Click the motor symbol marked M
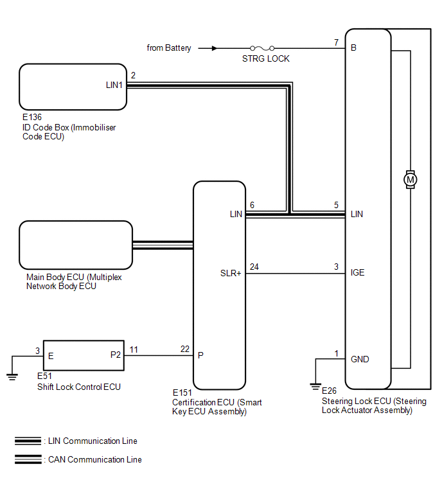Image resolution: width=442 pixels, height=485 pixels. click(410, 179)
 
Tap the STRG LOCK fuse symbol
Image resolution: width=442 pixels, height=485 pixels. click(262, 48)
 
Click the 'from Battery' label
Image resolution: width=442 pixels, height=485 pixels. click(168, 48)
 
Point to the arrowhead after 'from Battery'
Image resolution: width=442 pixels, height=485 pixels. click(215, 48)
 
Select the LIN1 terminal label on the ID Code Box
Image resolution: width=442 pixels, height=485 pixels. click(114, 85)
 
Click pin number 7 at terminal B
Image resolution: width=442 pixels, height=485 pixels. click(336, 42)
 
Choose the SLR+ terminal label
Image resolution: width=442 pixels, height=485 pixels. click(231, 273)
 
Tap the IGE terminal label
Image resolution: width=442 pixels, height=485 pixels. click(357, 272)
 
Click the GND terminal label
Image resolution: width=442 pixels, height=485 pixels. click(360, 359)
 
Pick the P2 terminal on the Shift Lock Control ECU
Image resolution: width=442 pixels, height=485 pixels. click(116, 355)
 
